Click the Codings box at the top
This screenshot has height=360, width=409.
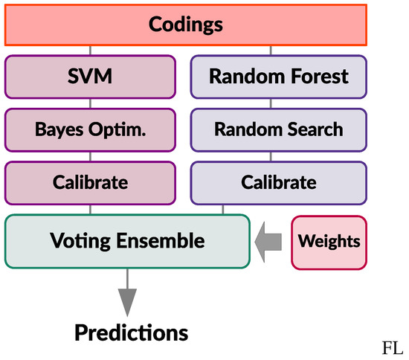point(186,25)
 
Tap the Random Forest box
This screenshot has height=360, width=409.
point(279,77)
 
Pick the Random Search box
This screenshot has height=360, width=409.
point(279,129)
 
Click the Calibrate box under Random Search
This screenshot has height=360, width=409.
point(279,182)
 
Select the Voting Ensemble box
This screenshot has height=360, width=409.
point(127,241)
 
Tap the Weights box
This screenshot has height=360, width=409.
point(329,241)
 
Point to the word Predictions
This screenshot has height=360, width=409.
point(131,331)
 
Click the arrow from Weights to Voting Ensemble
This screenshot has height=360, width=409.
point(269,241)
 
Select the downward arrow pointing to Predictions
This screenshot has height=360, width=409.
point(128,294)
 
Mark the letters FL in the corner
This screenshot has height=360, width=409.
point(392,347)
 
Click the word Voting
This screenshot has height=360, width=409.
point(78,241)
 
